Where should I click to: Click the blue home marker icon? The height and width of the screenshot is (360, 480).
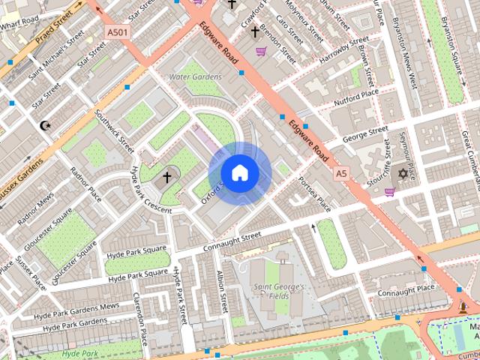pos(239,173)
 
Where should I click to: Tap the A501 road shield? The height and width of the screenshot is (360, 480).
pos(117,32)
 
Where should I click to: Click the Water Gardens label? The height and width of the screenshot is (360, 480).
pos(195,76)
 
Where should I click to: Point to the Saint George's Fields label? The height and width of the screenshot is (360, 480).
pos(277,292)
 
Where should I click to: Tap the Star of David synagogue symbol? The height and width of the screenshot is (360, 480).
pos(403,174)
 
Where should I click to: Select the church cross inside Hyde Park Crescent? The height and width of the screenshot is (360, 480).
pos(166,177)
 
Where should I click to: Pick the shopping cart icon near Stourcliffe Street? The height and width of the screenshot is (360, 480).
pos(389,192)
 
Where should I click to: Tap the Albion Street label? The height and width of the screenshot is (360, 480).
pos(223,292)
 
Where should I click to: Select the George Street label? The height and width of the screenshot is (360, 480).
pos(365,134)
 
